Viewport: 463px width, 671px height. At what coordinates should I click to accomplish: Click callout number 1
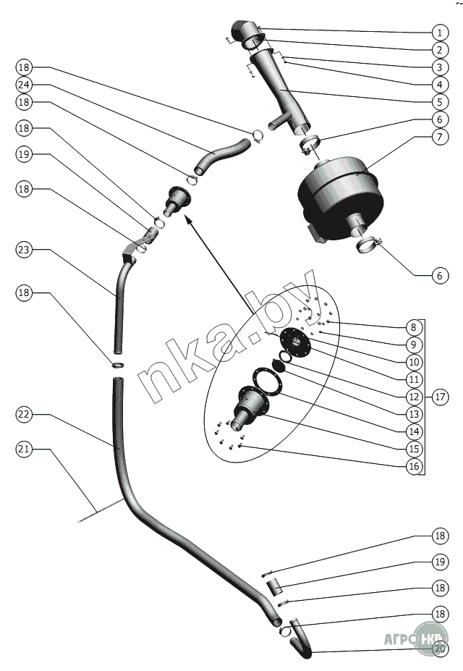(x=438, y=33)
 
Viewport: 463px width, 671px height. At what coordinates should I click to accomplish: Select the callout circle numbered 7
(x=438, y=137)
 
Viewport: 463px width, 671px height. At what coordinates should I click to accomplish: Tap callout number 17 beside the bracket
(x=438, y=397)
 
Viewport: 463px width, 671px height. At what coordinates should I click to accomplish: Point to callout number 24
(x=24, y=84)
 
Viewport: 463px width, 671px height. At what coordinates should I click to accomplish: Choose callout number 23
(x=24, y=250)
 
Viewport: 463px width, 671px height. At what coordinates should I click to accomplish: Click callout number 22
(x=24, y=414)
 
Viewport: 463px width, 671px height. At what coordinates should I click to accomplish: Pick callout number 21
(x=24, y=449)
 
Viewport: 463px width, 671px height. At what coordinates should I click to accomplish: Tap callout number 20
(x=438, y=649)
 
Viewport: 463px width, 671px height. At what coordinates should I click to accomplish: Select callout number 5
(x=438, y=102)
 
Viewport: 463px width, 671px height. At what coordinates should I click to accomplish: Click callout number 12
(x=414, y=397)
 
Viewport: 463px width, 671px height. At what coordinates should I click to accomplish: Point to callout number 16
(x=414, y=466)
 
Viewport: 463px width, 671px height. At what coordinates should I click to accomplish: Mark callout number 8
(x=414, y=327)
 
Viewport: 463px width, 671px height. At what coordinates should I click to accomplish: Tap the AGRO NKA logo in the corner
(x=420, y=638)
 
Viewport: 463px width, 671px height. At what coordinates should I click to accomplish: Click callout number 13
(x=414, y=414)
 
